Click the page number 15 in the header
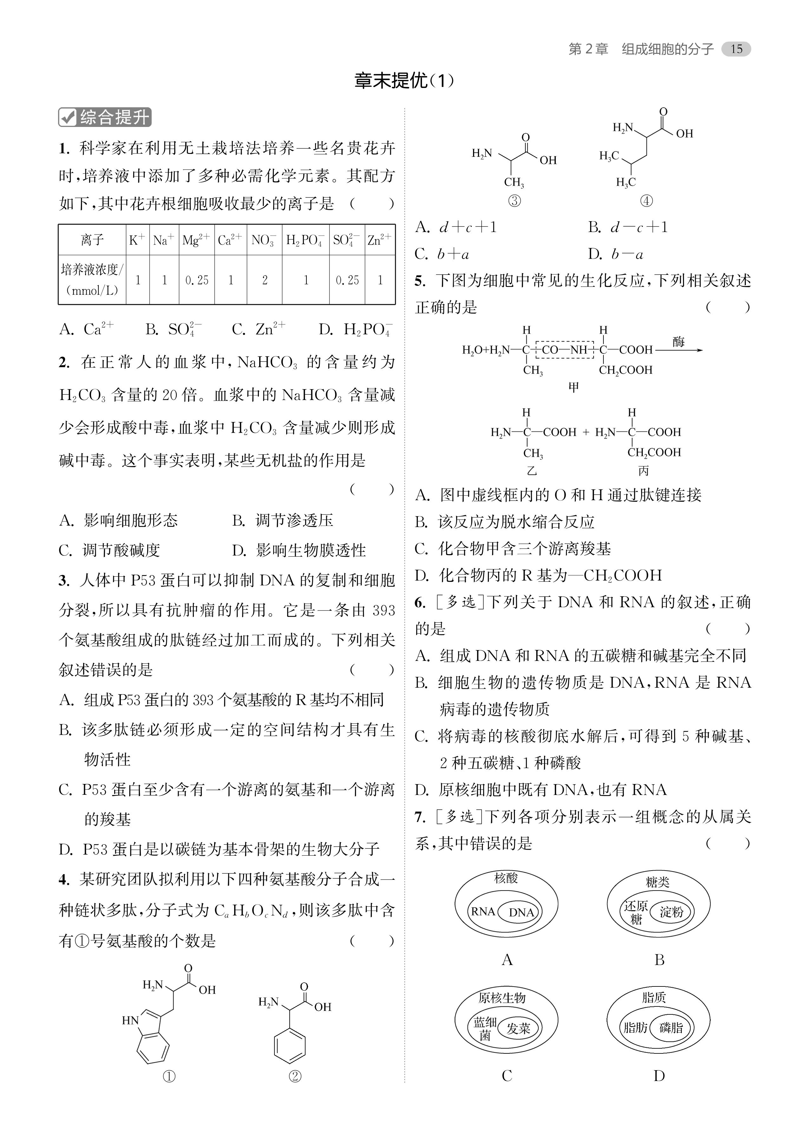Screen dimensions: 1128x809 pos(736,49)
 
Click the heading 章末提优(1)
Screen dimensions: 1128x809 pos(404,81)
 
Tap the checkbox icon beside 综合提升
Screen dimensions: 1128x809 pos(67,117)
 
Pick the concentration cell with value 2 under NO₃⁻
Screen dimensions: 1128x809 pos(265,280)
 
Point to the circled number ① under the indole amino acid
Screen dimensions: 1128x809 pos(169,1076)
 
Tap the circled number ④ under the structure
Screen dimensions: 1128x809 pos(646,201)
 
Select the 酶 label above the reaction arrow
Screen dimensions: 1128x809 pos(678,342)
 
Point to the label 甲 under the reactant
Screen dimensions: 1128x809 pos(574,387)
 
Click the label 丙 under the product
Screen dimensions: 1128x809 pos(643,470)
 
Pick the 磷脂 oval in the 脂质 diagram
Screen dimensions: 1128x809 pos(671,1027)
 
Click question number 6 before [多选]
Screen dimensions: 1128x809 pos(420,602)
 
